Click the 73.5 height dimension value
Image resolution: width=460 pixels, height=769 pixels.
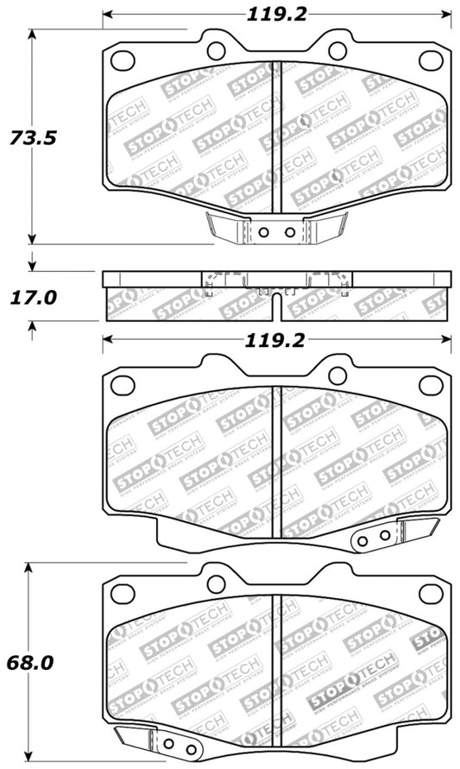click(32, 137)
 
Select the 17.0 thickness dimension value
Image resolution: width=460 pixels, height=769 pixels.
click(32, 298)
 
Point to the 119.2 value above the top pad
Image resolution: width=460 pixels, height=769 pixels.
click(277, 14)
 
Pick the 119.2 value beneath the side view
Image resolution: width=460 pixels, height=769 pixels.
click(277, 339)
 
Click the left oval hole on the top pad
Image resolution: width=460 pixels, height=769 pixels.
click(124, 60)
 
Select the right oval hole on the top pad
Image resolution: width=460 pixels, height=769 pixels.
click(430, 60)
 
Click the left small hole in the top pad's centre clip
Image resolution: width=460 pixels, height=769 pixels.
click(266, 231)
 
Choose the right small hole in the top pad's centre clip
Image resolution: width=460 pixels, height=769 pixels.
click(288, 231)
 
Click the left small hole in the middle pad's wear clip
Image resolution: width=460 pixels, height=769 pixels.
click(362, 538)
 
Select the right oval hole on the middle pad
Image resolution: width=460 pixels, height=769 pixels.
click(430, 386)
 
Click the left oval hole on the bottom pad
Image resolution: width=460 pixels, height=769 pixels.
click(124, 594)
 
